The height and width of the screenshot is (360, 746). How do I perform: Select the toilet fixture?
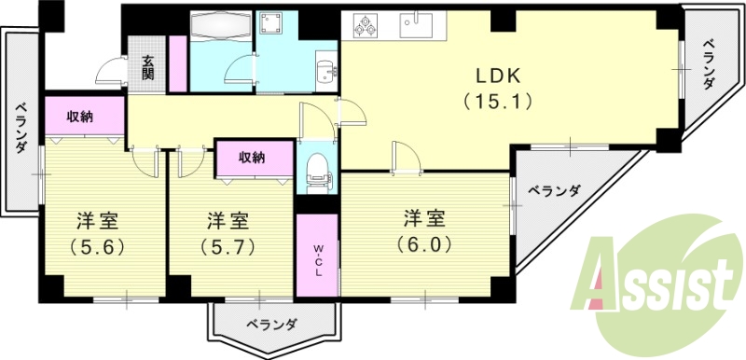tap(317, 171)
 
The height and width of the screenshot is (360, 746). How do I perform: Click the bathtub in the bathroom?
tap(220, 26)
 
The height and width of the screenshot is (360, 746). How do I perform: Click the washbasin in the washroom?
tap(326, 71)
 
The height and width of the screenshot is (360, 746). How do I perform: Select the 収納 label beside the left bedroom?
tap(79, 117)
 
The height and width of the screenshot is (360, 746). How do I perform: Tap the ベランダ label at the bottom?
tap(272, 325)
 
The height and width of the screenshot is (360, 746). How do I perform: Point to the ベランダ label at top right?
tap(709, 63)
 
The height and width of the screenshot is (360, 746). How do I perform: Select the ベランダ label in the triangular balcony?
tap(553, 192)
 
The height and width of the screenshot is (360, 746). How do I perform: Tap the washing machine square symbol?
tap(274, 22)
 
